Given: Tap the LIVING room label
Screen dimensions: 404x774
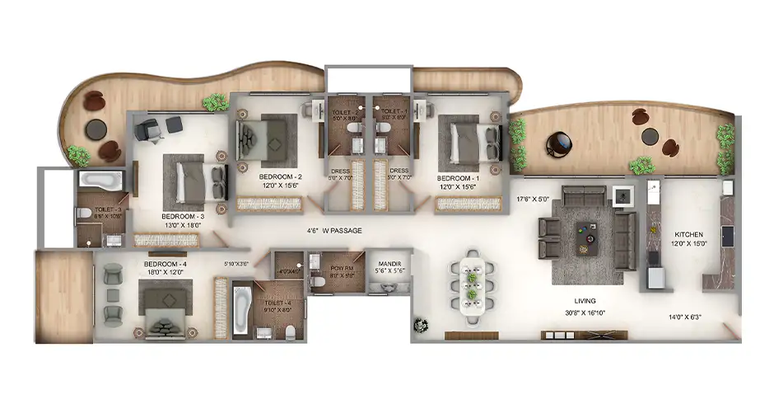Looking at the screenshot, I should click(585, 301).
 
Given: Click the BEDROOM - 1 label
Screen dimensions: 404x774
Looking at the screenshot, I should click(458, 178).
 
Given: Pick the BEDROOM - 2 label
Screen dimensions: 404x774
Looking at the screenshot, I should click(280, 177).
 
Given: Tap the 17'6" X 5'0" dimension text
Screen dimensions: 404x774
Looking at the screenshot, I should click(532, 199).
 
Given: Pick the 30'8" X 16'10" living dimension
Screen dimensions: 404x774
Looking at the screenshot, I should click(585, 312).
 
